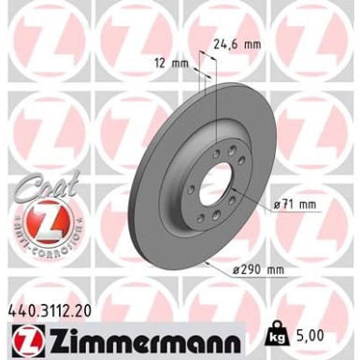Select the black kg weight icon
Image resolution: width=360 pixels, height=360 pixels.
click(x=284, y=331)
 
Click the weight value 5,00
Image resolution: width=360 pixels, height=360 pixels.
click(x=318, y=331)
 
